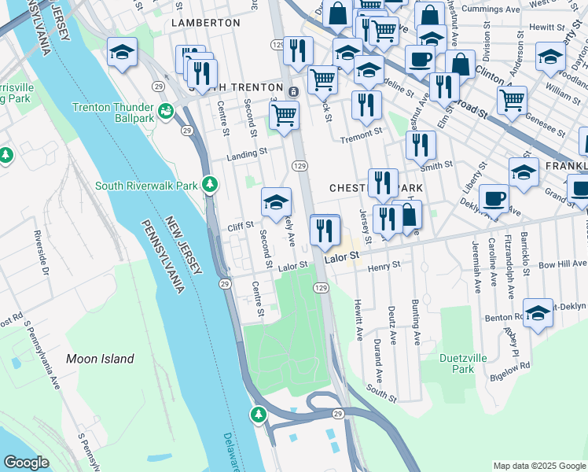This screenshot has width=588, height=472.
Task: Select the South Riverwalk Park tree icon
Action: coord(210,185)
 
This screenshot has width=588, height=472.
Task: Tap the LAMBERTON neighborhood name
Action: coord(206,23)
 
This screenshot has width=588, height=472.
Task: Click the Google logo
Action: coord(26,463)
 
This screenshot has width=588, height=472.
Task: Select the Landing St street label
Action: coord(247,155)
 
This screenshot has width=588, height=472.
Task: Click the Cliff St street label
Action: coord(241,225)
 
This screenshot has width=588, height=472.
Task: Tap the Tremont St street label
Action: coord(361,138)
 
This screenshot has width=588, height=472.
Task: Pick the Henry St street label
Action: coord(385,265)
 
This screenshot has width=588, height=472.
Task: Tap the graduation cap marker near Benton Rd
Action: coord(538,312)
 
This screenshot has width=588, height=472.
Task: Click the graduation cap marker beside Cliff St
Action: coord(276,202)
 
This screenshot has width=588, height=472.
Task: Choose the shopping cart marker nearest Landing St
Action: coord(284,116)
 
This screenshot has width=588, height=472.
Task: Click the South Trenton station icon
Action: coord(292,91)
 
